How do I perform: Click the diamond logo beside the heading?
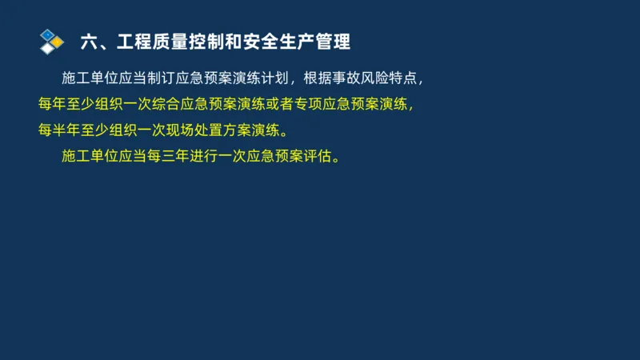(51, 40)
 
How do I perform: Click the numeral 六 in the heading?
(89, 41)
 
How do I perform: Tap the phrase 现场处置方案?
(209, 130)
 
